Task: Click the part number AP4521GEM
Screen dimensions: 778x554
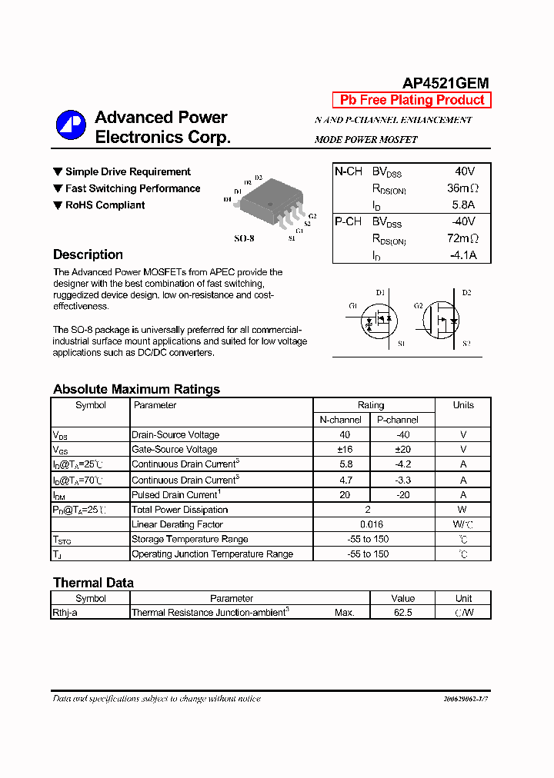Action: (446, 84)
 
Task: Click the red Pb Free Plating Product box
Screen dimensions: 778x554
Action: (412, 100)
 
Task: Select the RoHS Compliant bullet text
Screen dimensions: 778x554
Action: (105, 205)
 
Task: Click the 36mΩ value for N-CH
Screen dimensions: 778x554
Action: (462, 188)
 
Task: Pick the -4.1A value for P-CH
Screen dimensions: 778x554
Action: (462, 255)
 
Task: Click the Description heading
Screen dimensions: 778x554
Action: (88, 254)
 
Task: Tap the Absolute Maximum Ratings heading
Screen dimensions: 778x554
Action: (136, 389)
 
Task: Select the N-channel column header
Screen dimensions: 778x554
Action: (340, 420)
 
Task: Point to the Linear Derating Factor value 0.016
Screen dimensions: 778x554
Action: (371, 524)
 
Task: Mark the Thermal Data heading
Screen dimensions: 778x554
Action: (93, 583)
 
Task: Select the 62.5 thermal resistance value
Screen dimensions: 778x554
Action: (402, 613)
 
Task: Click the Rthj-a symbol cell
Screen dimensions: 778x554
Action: (65, 613)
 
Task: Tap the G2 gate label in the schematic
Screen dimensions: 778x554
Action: (419, 306)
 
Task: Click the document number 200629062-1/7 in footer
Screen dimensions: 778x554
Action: (466, 699)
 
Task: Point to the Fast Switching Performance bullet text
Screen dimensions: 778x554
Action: (132, 188)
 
